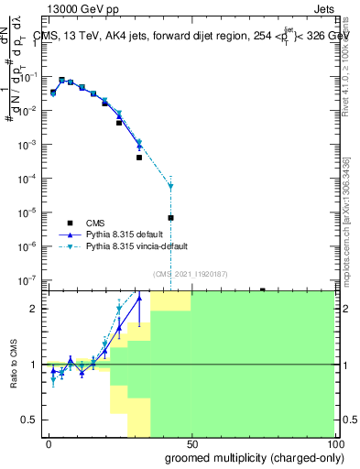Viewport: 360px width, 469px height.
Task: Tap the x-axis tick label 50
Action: pyautogui.click(x=191, y=442)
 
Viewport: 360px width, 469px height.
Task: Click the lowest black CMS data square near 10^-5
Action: pyautogui.click(x=171, y=218)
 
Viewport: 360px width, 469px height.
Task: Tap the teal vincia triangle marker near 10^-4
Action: pyautogui.click(x=171, y=186)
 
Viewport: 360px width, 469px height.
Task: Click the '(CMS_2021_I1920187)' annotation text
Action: pyautogui.click(x=190, y=273)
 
